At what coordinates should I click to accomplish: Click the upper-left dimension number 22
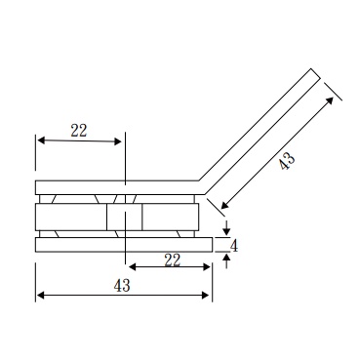pyautogui.click(x=79, y=131)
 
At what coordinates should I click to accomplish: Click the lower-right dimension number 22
pyautogui.click(x=173, y=260)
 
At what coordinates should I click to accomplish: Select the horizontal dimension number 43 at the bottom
pyautogui.click(x=122, y=286)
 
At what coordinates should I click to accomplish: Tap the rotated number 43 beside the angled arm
pyautogui.click(x=288, y=160)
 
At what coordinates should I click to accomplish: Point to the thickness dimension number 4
pyautogui.click(x=234, y=246)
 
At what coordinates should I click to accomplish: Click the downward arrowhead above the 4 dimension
pyautogui.click(x=226, y=230)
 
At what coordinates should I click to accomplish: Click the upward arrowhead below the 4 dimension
pyautogui.click(x=226, y=259)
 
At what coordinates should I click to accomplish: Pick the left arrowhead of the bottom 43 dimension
pyautogui.click(x=40, y=295)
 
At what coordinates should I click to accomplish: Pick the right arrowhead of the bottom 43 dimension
pyautogui.click(x=206, y=295)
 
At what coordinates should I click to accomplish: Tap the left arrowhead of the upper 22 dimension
pyautogui.click(x=41, y=140)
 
